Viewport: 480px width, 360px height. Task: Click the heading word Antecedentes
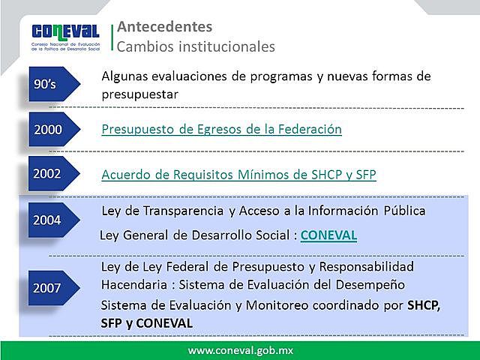164,27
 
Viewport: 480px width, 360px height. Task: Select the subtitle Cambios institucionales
196,46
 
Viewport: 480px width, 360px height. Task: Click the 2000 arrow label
49,130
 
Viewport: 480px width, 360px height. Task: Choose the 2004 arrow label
49,220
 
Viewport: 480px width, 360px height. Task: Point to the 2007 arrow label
49,287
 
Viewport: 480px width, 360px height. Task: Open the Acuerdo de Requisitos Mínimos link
238,175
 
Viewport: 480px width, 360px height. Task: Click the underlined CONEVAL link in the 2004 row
328,235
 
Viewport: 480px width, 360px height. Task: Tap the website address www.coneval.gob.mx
240,350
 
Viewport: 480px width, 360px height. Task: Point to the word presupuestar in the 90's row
140,95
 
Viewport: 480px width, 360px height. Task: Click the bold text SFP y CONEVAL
145,323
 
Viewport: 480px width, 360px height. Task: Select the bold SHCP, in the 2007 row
424,306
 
